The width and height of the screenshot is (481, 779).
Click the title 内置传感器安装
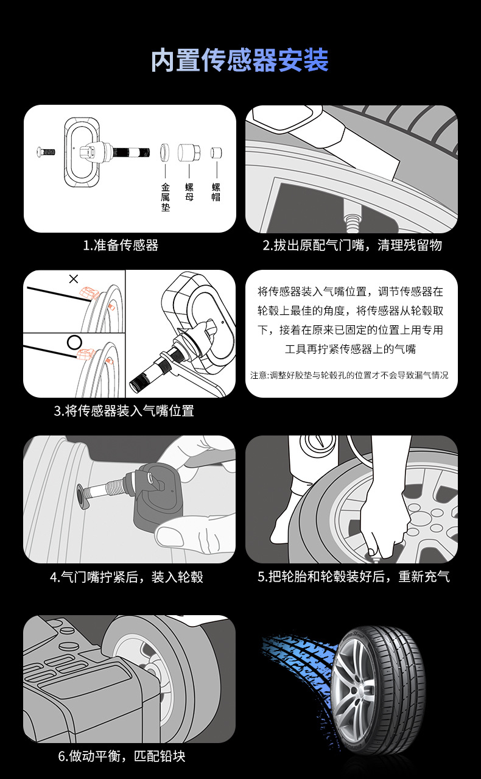(240, 60)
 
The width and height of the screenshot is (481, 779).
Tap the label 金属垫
(166, 197)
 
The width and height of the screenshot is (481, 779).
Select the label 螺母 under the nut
(189, 192)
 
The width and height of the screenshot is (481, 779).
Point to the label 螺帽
(216, 192)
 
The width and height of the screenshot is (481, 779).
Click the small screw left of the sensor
(46, 152)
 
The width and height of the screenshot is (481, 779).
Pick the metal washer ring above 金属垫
(165, 152)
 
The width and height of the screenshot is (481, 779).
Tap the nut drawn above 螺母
(189, 152)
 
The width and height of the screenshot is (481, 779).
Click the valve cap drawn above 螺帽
(216, 152)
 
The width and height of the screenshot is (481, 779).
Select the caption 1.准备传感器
(121, 245)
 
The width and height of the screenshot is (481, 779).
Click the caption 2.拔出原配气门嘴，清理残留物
(352, 245)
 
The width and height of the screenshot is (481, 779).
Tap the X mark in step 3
(74, 279)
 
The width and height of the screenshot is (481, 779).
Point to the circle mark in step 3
(74, 342)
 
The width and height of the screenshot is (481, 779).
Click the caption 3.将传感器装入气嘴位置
(124, 411)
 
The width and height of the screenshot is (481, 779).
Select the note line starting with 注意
(349, 375)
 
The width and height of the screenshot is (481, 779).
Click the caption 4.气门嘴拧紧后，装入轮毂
(127, 577)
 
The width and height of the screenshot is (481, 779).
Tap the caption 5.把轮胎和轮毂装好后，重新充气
(354, 577)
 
